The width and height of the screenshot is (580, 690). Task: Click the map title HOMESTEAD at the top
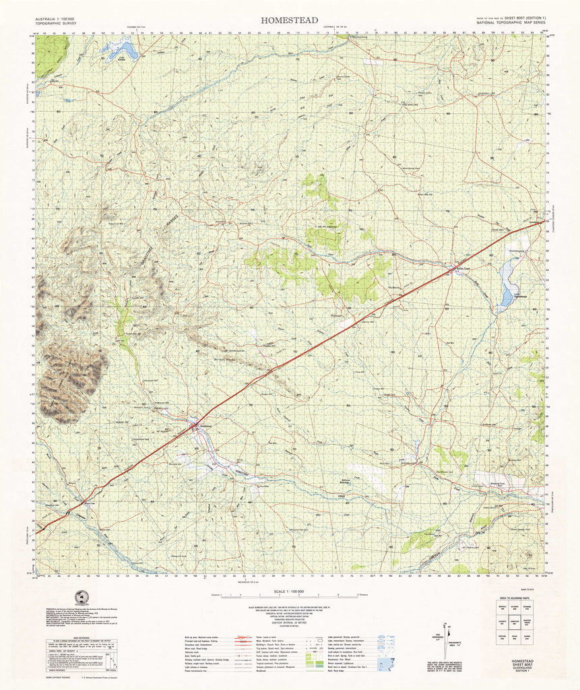(x=290, y=20)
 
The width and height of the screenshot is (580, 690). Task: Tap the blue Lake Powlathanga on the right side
(x=507, y=283)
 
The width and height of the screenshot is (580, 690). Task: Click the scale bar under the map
(x=290, y=597)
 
